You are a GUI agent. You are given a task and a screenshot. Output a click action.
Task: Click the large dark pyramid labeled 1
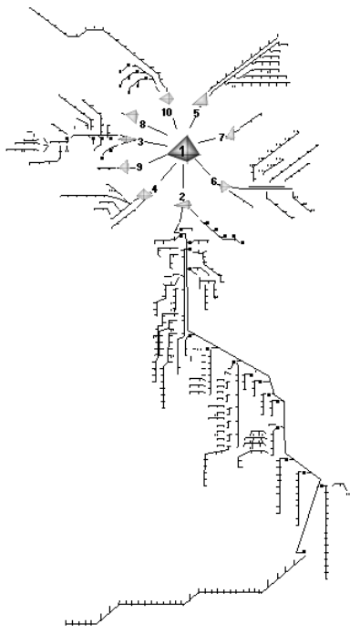tap(184, 148)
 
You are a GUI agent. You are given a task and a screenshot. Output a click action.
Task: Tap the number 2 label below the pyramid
tap(182, 197)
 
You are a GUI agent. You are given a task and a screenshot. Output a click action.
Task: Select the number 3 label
tap(140, 142)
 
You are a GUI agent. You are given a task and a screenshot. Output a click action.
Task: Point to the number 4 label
tap(154, 189)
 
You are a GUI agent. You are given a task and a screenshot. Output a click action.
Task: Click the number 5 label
tap(196, 114)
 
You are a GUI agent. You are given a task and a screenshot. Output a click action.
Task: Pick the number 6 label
tap(213, 182)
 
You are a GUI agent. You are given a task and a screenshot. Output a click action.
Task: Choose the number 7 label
tap(221, 138)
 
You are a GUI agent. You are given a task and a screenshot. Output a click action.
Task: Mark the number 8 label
tap(142, 123)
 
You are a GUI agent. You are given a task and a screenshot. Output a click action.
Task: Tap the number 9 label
tap(139, 167)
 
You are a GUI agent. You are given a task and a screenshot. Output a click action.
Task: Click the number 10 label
tap(167, 111)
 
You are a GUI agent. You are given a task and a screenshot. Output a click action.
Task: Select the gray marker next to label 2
tap(183, 207)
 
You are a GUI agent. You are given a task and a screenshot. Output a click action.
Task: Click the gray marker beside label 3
tap(128, 140)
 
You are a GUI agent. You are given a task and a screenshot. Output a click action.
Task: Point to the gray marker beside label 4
tap(143, 194)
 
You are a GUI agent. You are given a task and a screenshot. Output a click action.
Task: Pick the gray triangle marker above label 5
tap(201, 98)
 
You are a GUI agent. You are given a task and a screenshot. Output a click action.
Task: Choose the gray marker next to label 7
tap(232, 134)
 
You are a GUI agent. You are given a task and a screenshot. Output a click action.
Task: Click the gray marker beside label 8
tap(131, 117)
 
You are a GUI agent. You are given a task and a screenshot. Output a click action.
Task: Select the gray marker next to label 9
tap(125, 167)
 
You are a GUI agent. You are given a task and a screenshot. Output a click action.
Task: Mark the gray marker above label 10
tap(167, 97)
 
